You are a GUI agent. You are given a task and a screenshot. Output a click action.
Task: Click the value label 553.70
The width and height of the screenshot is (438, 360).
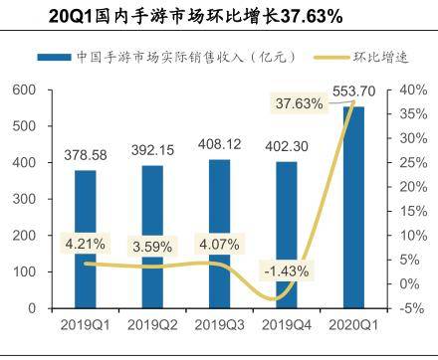[355, 92]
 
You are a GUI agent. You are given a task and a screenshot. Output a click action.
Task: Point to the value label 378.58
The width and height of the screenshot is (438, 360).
[86, 156]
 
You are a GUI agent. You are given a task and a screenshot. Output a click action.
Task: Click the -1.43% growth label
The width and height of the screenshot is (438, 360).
[286, 270]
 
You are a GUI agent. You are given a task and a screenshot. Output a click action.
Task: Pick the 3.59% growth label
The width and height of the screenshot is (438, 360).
[151, 245]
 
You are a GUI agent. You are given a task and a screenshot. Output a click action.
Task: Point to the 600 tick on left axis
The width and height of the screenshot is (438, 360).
[23, 90]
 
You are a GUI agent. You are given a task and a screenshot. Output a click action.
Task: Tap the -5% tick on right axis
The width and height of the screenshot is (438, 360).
[411, 308]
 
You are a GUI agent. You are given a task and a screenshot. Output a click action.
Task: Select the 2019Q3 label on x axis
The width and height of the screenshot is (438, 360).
[220, 324]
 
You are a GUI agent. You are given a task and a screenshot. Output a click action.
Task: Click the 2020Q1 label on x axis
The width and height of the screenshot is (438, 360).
[353, 324]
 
